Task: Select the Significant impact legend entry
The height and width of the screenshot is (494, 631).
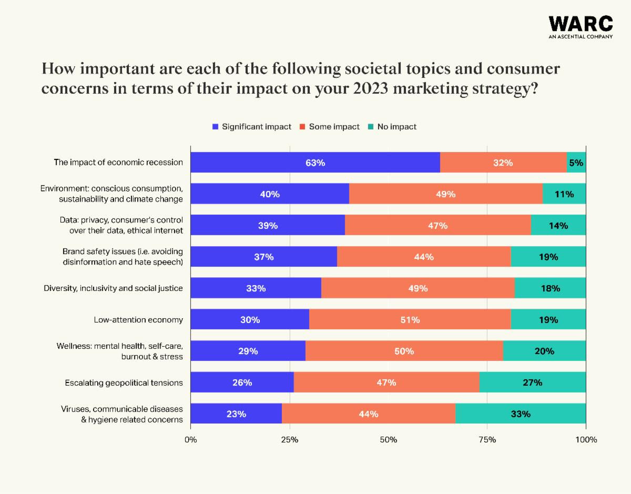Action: click(251, 127)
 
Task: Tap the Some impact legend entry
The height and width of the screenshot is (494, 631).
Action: click(330, 127)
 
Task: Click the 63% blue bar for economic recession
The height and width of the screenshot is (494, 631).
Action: click(315, 163)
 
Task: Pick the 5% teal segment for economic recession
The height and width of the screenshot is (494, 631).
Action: click(576, 163)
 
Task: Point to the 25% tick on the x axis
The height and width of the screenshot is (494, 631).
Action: click(289, 439)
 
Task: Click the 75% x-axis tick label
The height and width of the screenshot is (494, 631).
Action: click(487, 439)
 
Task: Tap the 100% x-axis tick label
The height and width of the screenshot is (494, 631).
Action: click(586, 439)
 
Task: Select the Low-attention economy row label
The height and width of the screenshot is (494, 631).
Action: click(138, 320)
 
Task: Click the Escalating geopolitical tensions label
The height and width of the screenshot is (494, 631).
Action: click(124, 382)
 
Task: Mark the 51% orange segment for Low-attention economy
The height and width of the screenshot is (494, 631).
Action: click(410, 319)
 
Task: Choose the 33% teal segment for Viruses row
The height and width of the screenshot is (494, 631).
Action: click(521, 414)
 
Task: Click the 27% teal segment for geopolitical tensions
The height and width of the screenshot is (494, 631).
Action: click(532, 382)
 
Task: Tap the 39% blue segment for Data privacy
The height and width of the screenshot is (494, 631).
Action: click(268, 225)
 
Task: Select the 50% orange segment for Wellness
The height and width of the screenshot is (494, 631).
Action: click(404, 351)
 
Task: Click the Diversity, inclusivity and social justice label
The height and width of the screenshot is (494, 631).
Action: click(113, 288)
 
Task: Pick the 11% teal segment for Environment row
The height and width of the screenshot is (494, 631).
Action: click(564, 194)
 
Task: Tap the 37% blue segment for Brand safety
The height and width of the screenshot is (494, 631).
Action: click(263, 257)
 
